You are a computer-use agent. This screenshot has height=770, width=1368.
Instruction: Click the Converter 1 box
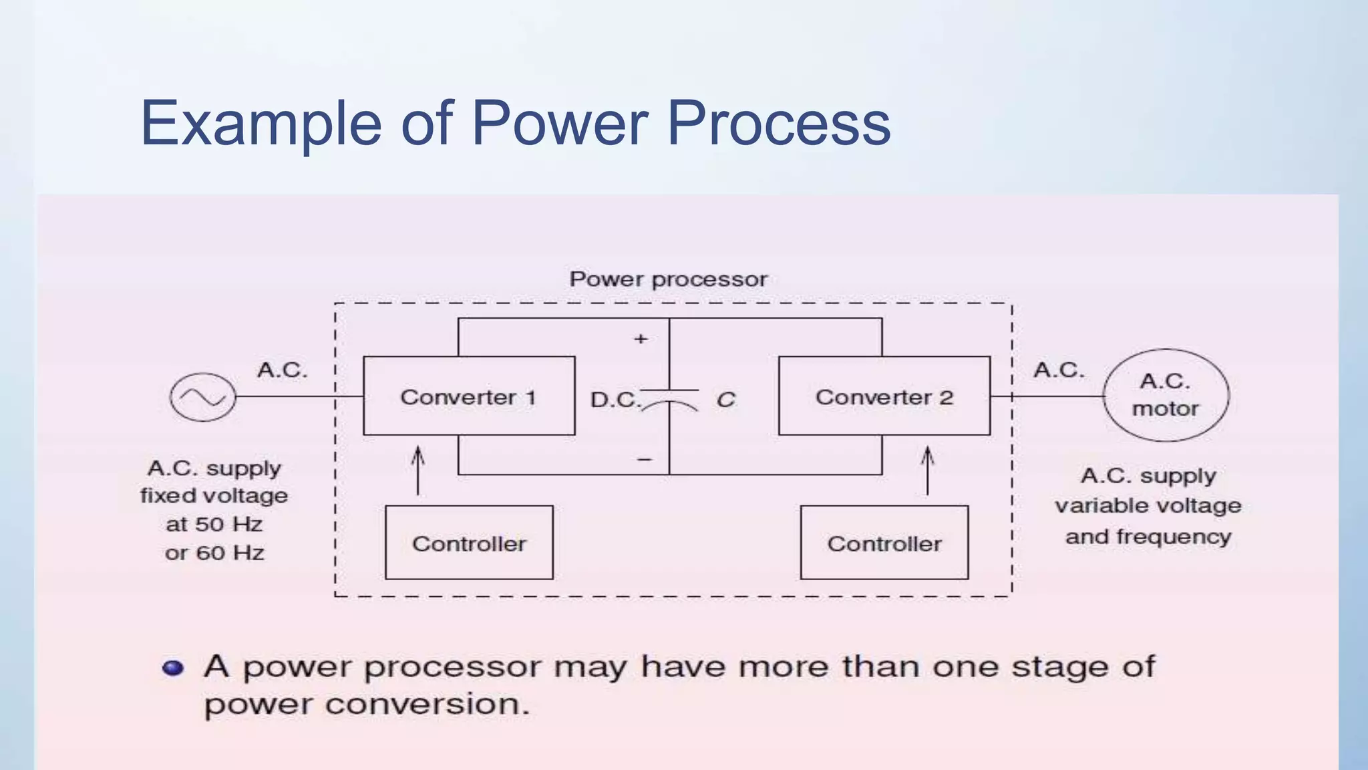[x=469, y=396]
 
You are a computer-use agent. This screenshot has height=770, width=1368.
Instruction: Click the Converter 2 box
[x=884, y=396]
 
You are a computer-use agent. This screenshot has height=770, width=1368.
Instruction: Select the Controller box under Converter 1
[x=469, y=543]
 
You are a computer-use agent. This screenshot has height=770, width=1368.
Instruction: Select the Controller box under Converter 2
[x=884, y=543]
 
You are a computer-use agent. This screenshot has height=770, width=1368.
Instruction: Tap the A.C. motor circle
[x=1166, y=395]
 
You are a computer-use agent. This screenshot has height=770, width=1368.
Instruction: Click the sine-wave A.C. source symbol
[x=203, y=397]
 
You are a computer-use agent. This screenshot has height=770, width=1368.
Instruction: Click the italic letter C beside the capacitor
[x=725, y=400]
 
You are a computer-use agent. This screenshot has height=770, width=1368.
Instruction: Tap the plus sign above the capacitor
[x=641, y=339]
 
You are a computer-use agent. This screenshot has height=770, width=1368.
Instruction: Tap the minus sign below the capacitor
[x=644, y=459]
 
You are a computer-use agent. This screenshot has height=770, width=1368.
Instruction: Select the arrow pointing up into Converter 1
[x=418, y=471]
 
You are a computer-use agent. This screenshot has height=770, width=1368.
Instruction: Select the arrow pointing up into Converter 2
[x=927, y=471]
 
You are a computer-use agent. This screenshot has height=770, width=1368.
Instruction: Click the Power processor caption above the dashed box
[x=668, y=279]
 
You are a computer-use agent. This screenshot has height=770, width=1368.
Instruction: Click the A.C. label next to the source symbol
[x=283, y=370]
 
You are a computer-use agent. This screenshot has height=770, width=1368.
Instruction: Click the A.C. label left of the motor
[x=1059, y=370]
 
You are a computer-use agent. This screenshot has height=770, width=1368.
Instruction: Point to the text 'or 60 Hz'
[x=214, y=553]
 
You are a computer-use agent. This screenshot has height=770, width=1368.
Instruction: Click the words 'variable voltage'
[x=1148, y=505]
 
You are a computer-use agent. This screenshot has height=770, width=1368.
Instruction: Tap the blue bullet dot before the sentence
[x=173, y=668]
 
